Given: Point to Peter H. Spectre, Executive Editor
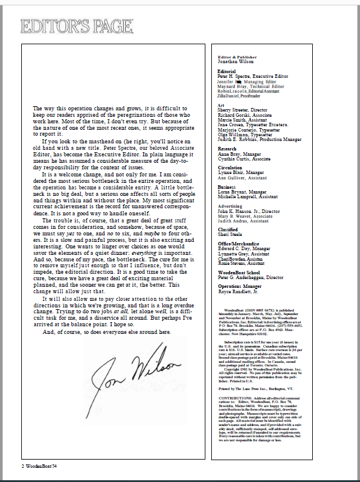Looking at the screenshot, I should coord(253,77).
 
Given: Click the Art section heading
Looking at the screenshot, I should coord(221,105).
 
